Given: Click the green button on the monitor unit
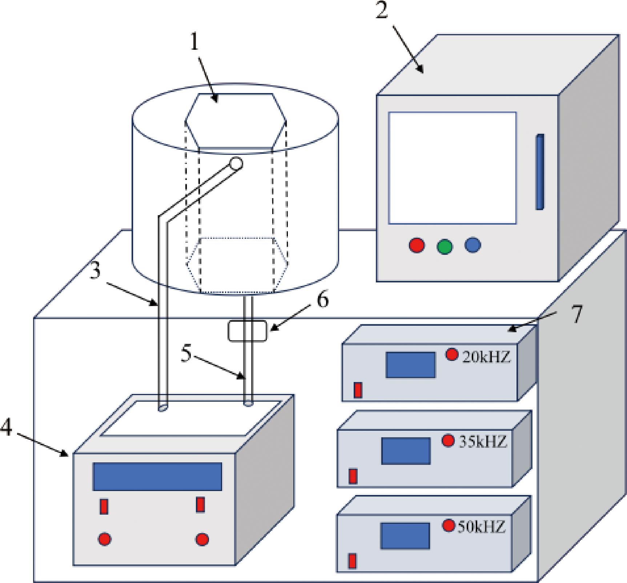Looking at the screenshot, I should coord(445,247).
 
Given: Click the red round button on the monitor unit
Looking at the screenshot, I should coord(417,245).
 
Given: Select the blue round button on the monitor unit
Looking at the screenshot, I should coord(473,245).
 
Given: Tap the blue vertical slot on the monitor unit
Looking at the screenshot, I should coord(540,172).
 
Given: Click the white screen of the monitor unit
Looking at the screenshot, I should coord(452,168).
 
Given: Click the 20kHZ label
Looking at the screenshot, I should coord(486,357).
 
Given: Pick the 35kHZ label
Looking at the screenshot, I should coord(483,442).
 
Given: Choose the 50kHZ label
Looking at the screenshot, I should coord(481,527).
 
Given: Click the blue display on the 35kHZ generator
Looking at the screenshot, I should coord(406,451).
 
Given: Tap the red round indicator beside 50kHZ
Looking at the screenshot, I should coord(449,525).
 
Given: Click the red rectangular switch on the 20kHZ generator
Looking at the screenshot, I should coord(358,390).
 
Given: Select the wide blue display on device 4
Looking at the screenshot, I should coord(157,477).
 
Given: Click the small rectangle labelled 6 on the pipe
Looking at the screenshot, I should coord(247,331).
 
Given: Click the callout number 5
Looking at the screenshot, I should coord(186,354).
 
